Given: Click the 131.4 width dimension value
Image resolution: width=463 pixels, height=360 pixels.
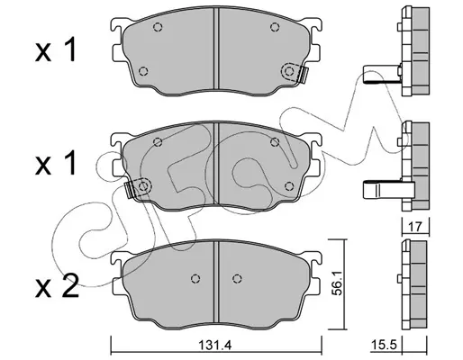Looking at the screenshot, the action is (x=215, y=346).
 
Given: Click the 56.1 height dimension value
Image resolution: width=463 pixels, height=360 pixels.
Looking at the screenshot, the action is (x=339, y=284).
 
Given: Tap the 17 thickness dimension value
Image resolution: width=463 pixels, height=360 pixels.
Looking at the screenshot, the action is (x=415, y=227).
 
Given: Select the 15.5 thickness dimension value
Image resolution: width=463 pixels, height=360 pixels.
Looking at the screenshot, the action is (x=384, y=345).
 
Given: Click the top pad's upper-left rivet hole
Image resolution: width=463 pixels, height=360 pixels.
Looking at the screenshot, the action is (x=158, y=27).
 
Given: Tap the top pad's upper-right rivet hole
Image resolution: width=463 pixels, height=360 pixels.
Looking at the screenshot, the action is (x=275, y=27).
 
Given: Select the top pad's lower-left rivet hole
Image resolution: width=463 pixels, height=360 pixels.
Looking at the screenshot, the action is (x=143, y=71).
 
